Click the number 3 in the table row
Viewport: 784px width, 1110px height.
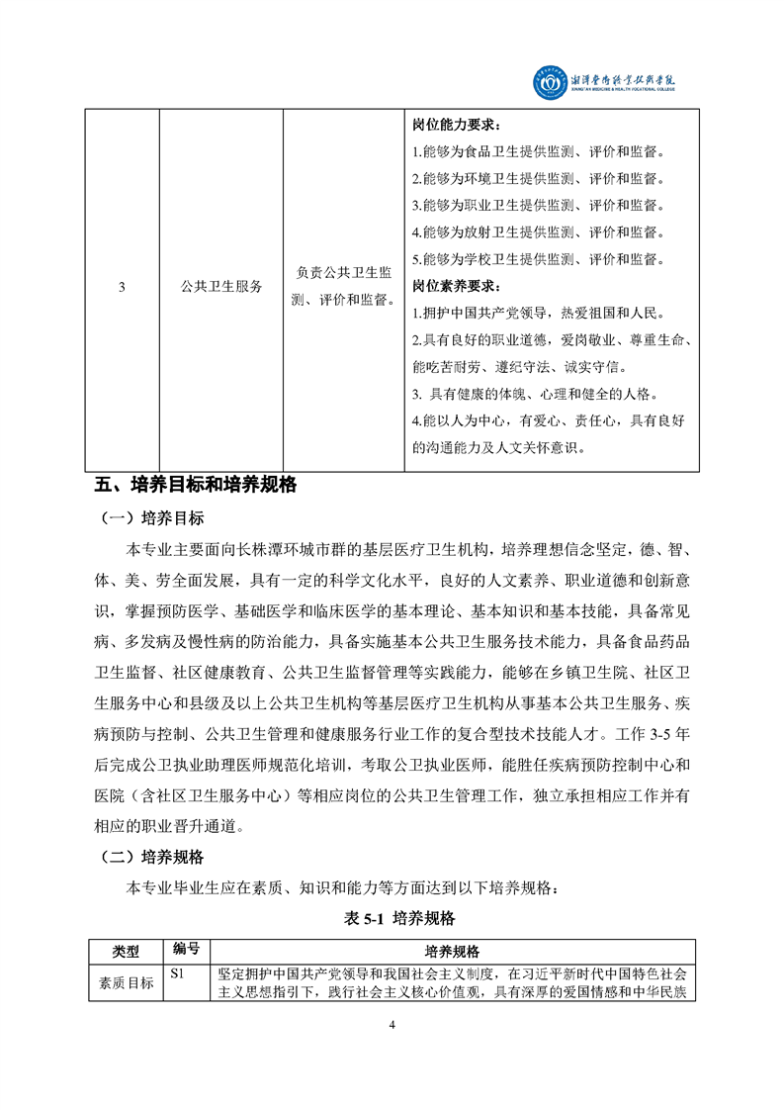(x=122, y=287)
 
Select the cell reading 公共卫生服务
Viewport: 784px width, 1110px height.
(x=221, y=287)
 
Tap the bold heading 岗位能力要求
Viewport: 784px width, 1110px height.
(x=456, y=127)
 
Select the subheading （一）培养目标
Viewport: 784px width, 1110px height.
(x=153, y=518)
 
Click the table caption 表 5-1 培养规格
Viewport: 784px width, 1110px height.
(x=392, y=919)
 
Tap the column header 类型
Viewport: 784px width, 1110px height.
(x=126, y=951)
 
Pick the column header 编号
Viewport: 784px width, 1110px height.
(x=187, y=950)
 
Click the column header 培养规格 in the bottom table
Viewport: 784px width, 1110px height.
(x=452, y=951)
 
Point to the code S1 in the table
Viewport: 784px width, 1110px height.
(x=178, y=973)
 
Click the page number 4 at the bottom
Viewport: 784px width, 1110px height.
(x=392, y=1025)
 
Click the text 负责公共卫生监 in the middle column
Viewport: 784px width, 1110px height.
(x=345, y=273)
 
